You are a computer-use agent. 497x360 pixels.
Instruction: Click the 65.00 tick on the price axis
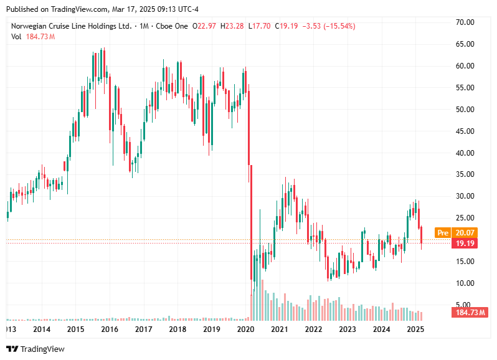(466, 44)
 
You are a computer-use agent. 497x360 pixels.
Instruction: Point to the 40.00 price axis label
(466, 153)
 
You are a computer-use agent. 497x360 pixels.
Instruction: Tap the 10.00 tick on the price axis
(466, 283)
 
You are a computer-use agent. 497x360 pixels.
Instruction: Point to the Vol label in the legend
(17, 37)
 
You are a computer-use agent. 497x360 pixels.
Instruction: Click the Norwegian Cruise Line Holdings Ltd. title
(72, 26)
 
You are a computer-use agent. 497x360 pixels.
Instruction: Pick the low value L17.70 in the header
(260, 26)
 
